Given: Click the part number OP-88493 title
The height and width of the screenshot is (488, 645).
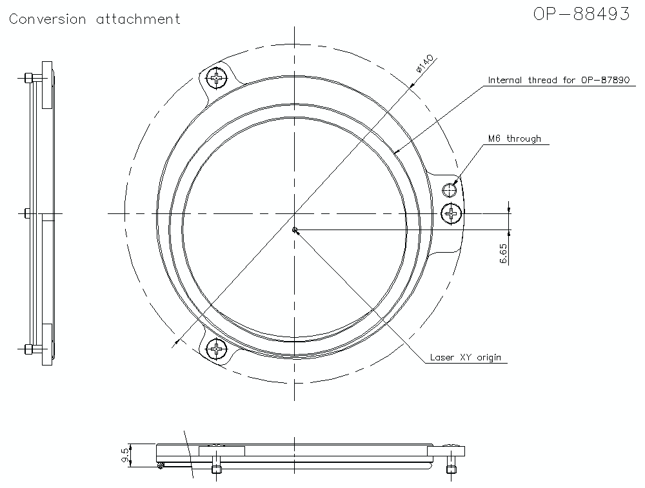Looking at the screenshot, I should [x=581, y=14].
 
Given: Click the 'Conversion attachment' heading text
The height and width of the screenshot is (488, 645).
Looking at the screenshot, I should [x=95, y=19].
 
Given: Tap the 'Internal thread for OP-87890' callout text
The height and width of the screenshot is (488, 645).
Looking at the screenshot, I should [x=559, y=81].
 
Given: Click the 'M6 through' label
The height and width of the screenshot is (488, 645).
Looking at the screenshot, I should [x=514, y=139].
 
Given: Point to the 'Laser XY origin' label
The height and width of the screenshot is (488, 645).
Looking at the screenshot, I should [x=465, y=358].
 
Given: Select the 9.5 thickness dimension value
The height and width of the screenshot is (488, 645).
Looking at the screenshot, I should [x=124, y=456].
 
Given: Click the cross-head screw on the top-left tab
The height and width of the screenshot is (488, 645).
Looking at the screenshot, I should [x=217, y=79].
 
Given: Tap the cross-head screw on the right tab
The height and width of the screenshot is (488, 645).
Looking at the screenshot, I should [x=451, y=213].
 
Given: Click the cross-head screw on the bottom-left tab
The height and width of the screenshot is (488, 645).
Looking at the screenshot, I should [x=216, y=349].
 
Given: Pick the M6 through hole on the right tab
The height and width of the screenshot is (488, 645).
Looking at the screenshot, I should [x=450, y=190].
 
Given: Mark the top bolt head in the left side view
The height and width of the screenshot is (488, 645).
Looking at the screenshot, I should [x=28, y=78].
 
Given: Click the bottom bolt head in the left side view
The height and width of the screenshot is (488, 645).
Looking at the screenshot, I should [x=28, y=349].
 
